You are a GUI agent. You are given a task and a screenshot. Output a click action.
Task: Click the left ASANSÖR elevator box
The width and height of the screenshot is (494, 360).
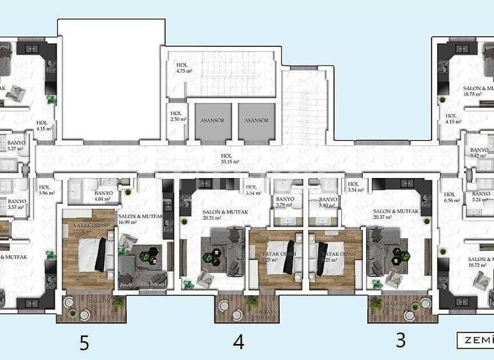coord(213,121)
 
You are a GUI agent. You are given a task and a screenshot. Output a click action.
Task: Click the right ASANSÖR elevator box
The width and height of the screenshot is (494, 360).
coord(256,121)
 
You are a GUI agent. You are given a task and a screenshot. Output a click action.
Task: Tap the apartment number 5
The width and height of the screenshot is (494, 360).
coord(84,342)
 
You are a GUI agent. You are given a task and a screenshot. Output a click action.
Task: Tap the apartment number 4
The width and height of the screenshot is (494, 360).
coord(239,342)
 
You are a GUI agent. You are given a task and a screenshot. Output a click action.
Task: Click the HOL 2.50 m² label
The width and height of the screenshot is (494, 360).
coord(177,116)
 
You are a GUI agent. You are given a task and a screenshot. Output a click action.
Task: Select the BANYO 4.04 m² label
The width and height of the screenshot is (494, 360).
coord(104,196)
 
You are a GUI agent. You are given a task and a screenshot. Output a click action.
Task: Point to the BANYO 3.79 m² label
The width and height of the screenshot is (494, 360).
coord(285,203)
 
